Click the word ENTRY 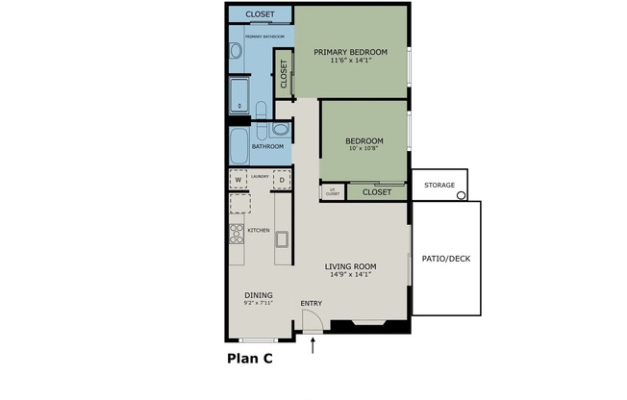point(311,304)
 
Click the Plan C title point(250,360)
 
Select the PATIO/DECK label point(445,258)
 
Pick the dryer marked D point(282,180)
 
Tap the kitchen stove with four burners point(237,233)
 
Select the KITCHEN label point(259,231)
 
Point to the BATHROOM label point(267,146)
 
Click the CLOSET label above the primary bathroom point(260,14)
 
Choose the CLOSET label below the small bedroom point(377,192)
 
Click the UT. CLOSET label point(332,192)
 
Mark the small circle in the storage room point(461,195)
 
